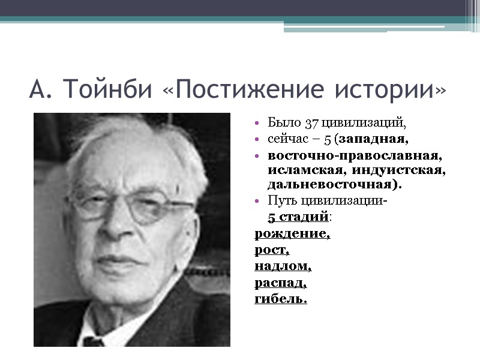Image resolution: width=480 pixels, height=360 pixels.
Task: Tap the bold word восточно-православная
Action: point(355,155)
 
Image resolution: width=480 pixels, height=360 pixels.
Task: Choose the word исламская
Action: point(304,170)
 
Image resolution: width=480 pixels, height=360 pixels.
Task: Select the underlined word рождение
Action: point(292,233)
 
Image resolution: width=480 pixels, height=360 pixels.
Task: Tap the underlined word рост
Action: point(272,249)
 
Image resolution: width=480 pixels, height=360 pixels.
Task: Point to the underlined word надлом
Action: point(283,265)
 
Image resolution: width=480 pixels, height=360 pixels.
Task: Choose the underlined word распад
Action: point(281,281)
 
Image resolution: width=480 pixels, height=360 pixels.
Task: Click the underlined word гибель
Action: point(280,298)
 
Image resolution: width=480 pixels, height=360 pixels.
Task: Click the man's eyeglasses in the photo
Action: point(138,205)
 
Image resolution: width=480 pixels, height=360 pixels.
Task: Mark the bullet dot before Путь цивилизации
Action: point(257,200)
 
